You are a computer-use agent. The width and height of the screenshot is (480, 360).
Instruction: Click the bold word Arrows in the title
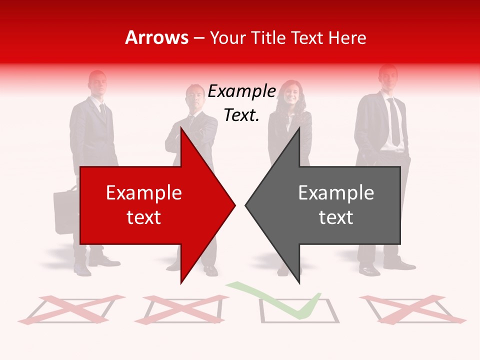[x=156, y=37]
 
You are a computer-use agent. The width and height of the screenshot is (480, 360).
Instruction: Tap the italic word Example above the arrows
[x=242, y=91]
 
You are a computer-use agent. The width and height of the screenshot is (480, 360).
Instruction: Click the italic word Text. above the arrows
[x=241, y=115]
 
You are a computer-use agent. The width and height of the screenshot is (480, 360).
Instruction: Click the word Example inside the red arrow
[x=144, y=192]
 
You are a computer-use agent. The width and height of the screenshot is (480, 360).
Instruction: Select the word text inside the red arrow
[x=144, y=217]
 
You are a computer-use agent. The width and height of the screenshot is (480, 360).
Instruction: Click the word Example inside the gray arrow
[x=336, y=192]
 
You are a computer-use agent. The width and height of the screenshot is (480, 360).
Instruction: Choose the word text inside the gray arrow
[x=336, y=217]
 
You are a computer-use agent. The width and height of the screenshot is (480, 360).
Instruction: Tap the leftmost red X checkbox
[x=71, y=309]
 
